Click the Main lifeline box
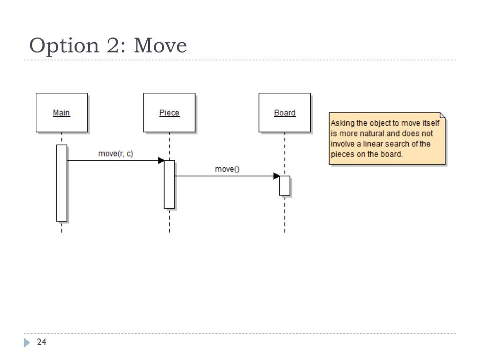point(62,112)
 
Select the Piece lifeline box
point(169,112)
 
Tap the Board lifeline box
point(285,112)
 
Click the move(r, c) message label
point(115,153)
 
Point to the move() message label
point(227,169)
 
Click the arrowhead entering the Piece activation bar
point(161,160)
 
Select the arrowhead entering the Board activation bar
point(277,176)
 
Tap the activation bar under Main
point(62,183)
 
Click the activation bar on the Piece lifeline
point(169,184)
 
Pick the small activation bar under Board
point(285,186)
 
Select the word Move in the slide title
point(160,46)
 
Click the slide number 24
point(42,343)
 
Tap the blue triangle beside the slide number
point(26,343)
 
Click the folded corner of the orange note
point(442,115)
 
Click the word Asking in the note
point(342,123)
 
